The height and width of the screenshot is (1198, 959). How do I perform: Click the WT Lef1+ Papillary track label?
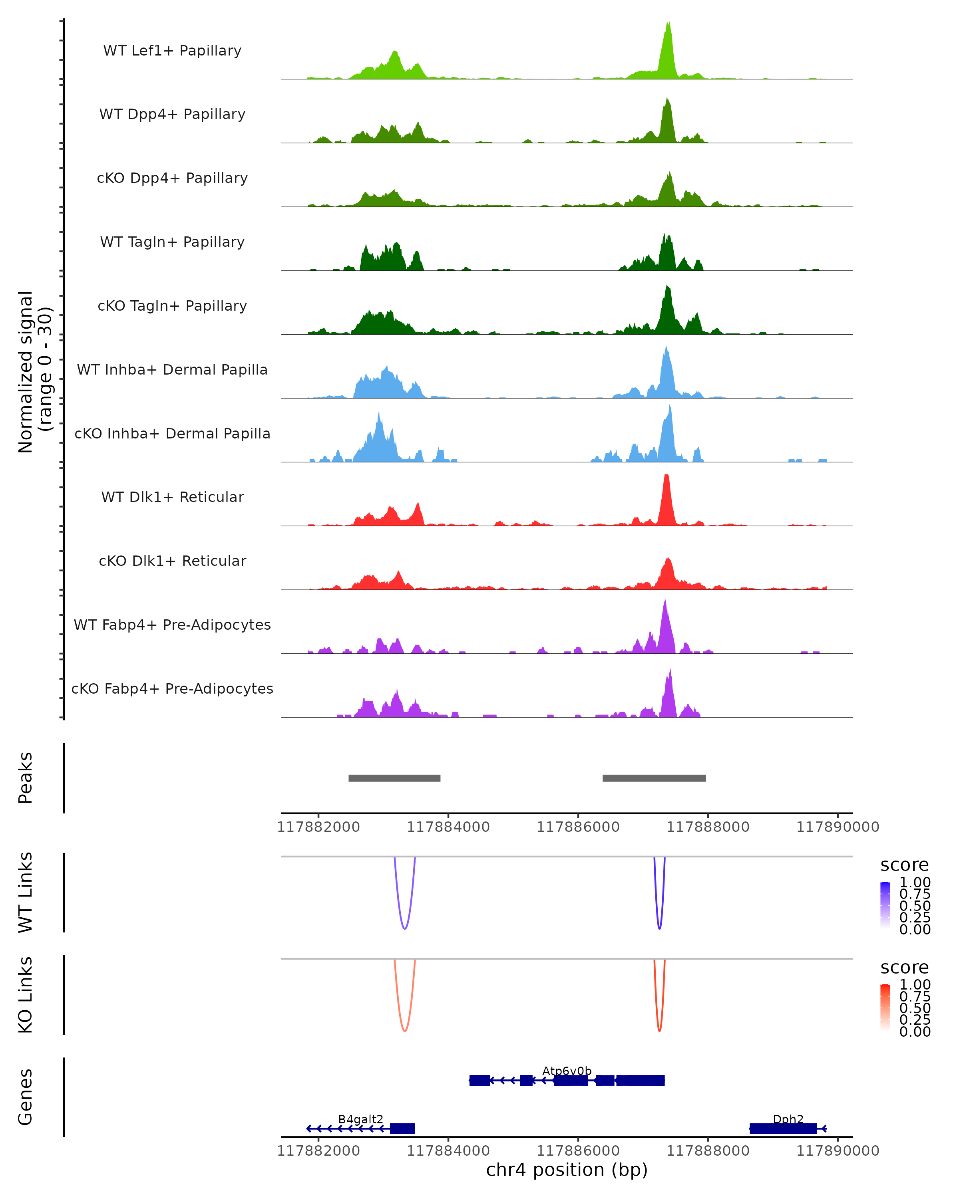coord(172,51)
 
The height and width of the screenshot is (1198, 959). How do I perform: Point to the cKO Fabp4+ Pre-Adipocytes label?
coord(172,688)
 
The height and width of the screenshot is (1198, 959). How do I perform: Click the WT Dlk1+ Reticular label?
coord(172,497)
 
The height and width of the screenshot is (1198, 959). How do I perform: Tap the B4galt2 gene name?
coord(360,1119)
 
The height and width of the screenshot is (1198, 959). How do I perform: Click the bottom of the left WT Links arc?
coord(405,928)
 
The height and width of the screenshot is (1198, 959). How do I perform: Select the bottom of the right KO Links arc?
coord(659,1031)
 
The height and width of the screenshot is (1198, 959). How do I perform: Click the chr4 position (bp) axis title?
coord(567,1170)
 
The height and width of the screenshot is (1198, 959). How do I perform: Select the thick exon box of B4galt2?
coord(402,1129)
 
